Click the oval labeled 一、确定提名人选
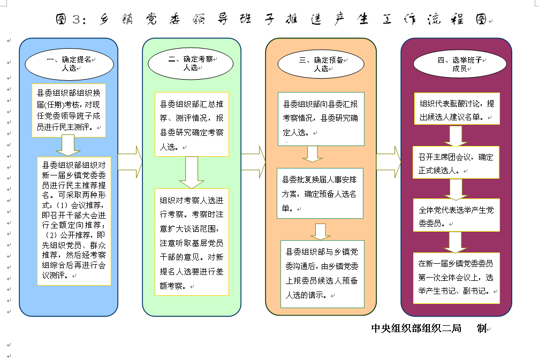click(x=69, y=64)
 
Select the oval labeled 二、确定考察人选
click(x=191, y=64)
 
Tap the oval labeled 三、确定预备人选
click(x=321, y=64)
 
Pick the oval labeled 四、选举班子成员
click(x=460, y=64)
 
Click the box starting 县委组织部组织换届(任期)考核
click(x=69, y=110)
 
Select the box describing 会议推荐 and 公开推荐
click(x=74, y=221)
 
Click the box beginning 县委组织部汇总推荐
click(x=192, y=124)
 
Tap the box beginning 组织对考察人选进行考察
click(x=192, y=242)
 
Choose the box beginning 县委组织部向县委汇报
click(x=321, y=119)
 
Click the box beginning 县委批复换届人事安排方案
click(x=320, y=194)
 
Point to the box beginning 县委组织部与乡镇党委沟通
click(x=322, y=274)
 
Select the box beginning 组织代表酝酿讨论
click(x=457, y=109)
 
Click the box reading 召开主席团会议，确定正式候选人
click(x=456, y=163)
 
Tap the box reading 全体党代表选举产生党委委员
click(x=456, y=215)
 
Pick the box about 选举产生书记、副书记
click(x=456, y=278)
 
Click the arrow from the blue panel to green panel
click(x=130, y=162)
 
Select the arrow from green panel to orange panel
click(x=253, y=162)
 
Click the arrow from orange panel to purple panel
click(x=389, y=162)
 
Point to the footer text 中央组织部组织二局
click(x=416, y=328)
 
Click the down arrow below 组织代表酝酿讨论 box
click(x=456, y=136)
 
